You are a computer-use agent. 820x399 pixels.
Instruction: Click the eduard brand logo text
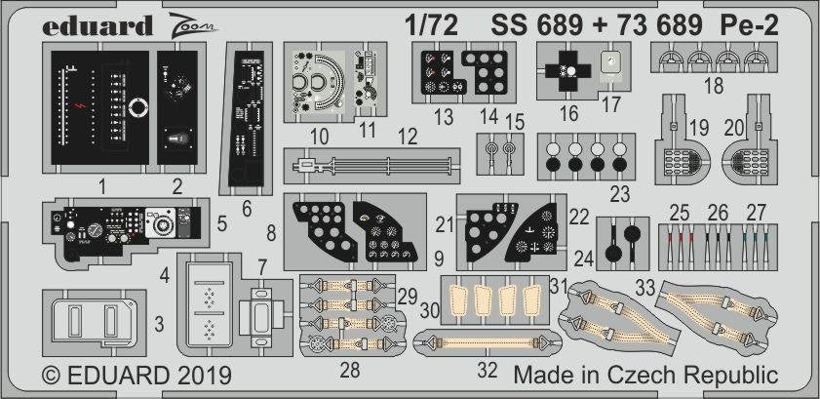(98, 25)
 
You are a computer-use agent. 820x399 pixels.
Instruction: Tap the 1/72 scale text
(431, 25)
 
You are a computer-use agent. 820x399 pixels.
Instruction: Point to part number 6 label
(247, 209)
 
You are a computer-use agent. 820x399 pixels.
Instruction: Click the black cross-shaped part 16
(567, 70)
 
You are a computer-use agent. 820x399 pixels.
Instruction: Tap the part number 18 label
(714, 85)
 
